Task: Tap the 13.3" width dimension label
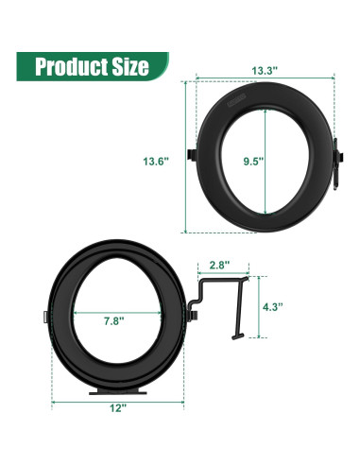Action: [264, 71]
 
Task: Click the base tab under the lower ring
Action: [117, 389]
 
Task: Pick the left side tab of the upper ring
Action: [193, 154]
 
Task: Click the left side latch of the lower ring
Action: [46, 317]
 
